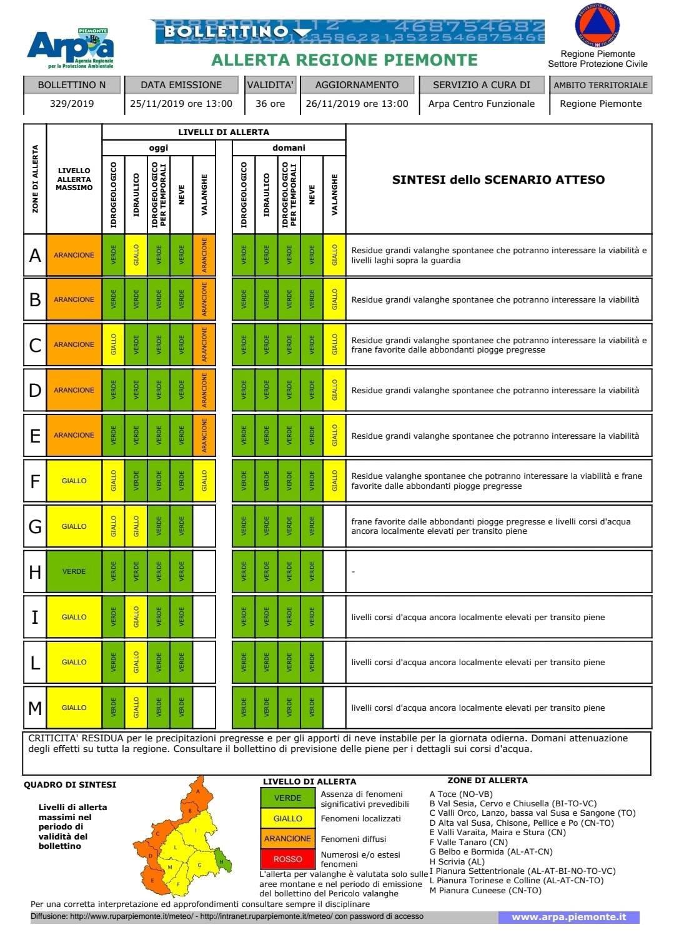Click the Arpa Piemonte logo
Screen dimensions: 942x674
(70, 49)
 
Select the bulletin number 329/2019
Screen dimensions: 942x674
(72, 104)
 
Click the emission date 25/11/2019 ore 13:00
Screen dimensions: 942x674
(181, 104)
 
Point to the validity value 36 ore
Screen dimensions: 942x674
(270, 104)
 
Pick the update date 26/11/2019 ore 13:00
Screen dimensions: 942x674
(357, 104)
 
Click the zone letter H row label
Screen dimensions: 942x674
(35, 571)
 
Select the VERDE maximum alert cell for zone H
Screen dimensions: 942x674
(74, 571)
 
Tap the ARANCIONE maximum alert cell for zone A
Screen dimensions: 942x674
(74, 255)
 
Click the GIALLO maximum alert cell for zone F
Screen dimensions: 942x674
(74, 481)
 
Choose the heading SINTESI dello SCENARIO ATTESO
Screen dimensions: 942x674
(498, 179)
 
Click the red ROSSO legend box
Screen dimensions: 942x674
(287, 859)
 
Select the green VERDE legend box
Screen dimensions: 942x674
(287, 798)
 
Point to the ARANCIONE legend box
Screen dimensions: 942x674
(287, 838)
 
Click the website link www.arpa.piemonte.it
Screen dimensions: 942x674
(568, 917)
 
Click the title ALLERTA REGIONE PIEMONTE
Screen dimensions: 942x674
(344, 60)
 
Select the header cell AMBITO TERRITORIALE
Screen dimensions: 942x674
(600, 85)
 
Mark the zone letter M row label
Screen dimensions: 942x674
(35, 708)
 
